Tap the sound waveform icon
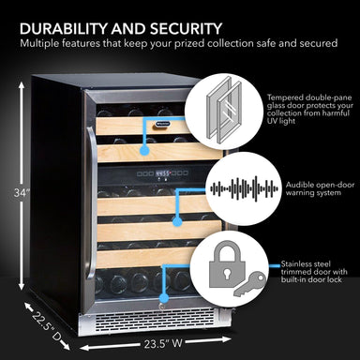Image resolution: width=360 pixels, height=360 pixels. (x=231, y=187)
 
